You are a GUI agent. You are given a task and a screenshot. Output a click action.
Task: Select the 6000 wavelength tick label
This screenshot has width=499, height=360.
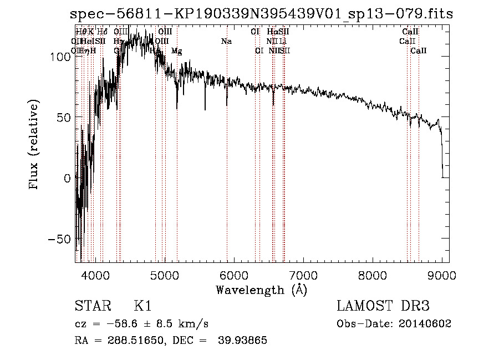(x=233, y=274)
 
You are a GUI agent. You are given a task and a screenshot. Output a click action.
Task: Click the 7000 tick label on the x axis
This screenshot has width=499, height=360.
(x=303, y=274)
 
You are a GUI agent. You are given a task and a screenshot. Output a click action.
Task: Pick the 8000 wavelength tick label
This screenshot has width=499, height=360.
(x=372, y=274)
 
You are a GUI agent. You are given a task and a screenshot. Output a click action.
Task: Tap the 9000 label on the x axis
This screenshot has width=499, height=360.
(x=441, y=274)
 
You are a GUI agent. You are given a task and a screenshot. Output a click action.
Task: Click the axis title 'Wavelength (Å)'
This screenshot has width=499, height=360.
(x=261, y=290)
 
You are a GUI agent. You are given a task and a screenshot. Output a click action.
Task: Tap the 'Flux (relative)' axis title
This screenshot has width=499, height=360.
(x=34, y=145)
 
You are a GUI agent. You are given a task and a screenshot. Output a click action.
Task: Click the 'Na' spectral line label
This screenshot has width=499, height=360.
(x=226, y=41)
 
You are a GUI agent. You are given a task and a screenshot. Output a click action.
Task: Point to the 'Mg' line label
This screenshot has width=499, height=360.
(x=176, y=51)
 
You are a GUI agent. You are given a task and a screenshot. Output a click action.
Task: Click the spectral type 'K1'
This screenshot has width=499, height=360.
(x=142, y=306)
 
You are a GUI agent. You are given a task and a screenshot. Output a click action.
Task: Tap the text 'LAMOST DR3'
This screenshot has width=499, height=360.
(x=383, y=306)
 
